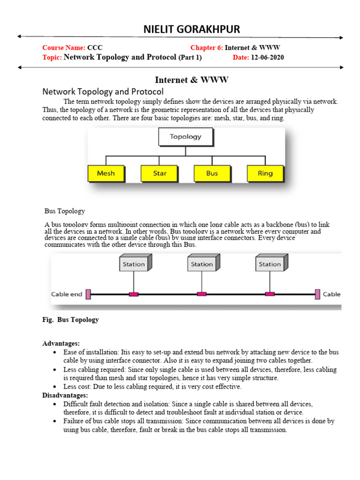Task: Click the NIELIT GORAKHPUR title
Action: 191,30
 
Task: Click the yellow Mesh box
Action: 106,173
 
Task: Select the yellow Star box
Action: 159,173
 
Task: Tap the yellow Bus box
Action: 212,173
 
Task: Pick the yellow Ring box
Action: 265,173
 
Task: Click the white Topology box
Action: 185,137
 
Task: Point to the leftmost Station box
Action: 134,264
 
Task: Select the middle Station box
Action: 202,264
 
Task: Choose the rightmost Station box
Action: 270,264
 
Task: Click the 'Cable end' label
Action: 67,294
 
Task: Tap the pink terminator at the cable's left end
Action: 88,294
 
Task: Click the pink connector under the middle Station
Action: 202,294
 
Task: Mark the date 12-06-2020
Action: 267,58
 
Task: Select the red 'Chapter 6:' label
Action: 207,48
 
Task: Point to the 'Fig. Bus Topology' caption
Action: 70,320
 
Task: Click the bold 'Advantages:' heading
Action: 61,344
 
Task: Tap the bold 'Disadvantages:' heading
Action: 65,395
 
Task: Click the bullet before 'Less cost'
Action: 55,387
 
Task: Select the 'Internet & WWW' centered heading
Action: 192,80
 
